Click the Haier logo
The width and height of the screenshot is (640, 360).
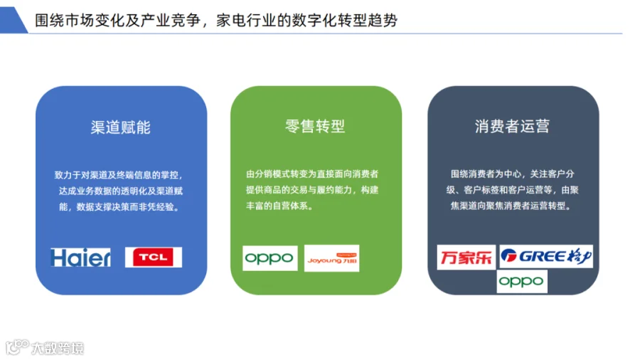(x=80, y=258)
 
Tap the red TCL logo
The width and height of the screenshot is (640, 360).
(x=154, y=257)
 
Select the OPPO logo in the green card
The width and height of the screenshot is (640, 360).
(x=270, y=258)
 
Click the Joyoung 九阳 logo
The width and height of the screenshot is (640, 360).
(x=332, y=258)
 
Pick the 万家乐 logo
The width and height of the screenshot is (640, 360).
(x=466, y=257)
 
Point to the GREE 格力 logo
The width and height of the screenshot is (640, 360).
(x=546, y=256)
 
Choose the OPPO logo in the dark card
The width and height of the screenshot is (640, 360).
(x=522, y=281)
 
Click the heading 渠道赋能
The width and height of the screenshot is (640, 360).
(x=120, y=127)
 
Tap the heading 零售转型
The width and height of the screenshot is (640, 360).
(x=315, y=126)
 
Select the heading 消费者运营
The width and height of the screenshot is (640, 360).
(x=512, y=126)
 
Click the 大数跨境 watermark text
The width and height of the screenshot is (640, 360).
(x=58, y=348)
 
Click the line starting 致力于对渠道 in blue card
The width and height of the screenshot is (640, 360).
(x=118, y=175)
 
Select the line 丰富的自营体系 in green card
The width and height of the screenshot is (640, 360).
(x=279, y=206)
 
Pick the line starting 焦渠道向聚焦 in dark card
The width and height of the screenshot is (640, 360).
(x=510, y=206)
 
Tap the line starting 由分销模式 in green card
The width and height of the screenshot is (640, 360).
(x=312, y=174)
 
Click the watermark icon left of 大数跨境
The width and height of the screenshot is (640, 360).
(x=17, y=347)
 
